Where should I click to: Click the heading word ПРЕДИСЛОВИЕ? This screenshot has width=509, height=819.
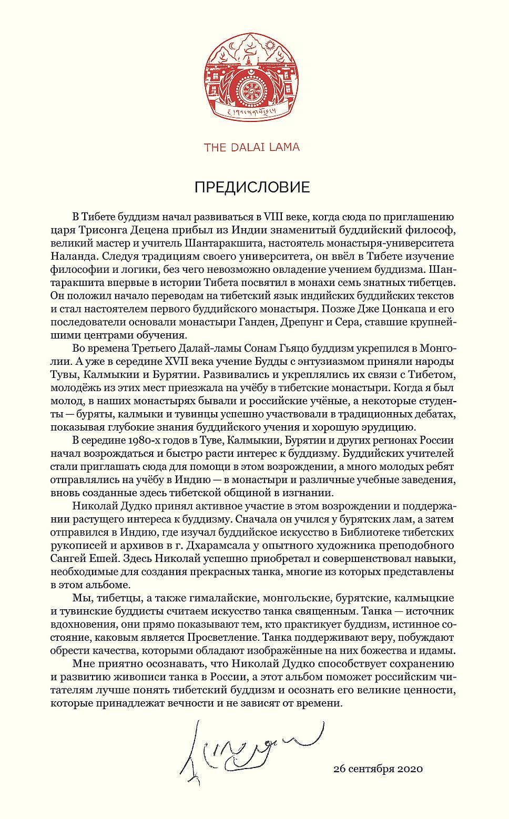click(252, 187)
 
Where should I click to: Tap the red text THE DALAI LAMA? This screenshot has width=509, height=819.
click(252, 147)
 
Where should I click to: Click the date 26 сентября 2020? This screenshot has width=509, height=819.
click(378, 769)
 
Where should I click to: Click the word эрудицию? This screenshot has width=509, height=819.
click(383, 427)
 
